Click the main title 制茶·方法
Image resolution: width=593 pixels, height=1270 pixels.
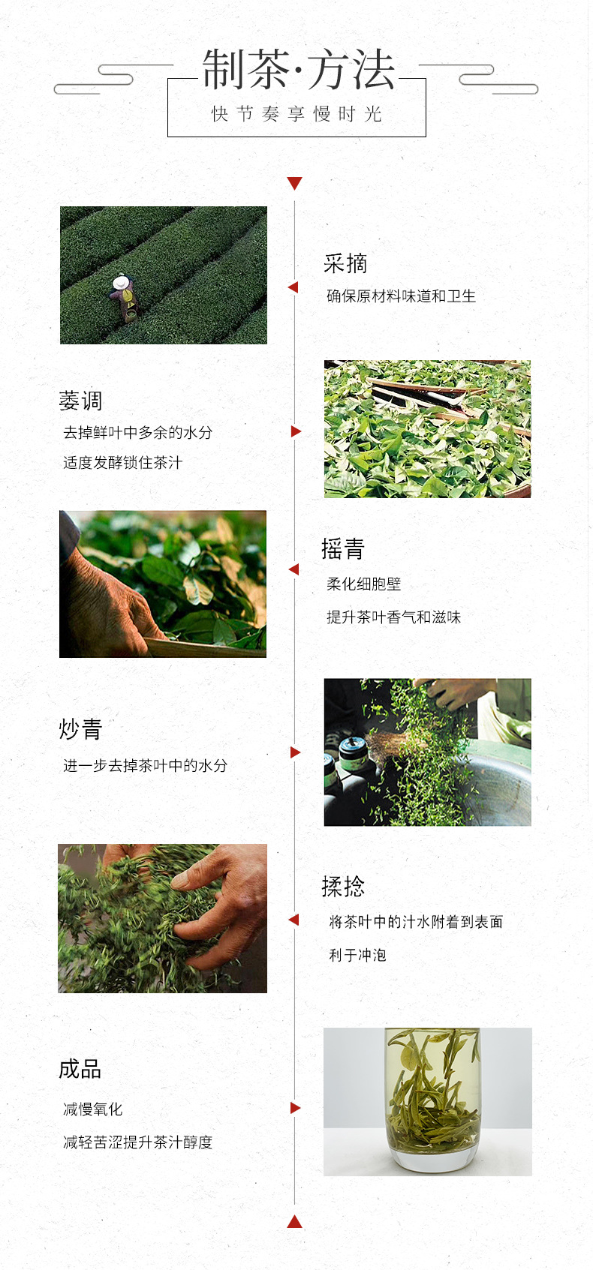(299, 69)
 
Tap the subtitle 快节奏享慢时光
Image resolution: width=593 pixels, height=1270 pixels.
(296, 114)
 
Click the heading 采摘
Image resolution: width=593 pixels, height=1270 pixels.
(345, 263)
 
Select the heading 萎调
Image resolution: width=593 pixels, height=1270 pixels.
(80, 401)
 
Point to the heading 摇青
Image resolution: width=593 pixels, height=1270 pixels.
(343, 549)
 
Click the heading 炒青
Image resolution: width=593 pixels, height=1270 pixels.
(80, 729)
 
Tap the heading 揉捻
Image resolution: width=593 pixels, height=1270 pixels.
(343, 886)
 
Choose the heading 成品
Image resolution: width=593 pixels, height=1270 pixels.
(80, 1069)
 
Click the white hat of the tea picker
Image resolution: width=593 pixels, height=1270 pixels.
(121, 282)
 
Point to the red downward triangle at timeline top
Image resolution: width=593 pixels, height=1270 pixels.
(294, 183)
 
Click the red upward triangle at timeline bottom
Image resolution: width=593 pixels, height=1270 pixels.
(294, 1221)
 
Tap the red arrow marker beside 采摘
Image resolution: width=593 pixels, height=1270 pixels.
(293, 287)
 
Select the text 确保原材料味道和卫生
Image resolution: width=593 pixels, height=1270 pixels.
(401, 296)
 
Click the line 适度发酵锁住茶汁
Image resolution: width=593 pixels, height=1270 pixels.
(123, 463)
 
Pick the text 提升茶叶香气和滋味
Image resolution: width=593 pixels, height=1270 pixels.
(394, 617)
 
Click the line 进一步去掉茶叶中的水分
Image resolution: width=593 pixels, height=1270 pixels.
(146, 765)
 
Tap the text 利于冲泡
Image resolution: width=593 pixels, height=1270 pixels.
(357, 955)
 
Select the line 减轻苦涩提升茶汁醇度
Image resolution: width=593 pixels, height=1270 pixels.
(138, 1142)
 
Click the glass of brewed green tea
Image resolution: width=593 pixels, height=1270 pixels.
(432, 1099)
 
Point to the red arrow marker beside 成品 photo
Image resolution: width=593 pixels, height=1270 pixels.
(295, 1107)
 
